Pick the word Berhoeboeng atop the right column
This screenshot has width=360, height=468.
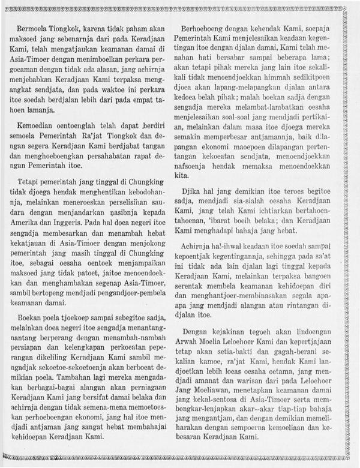(211, 29)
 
